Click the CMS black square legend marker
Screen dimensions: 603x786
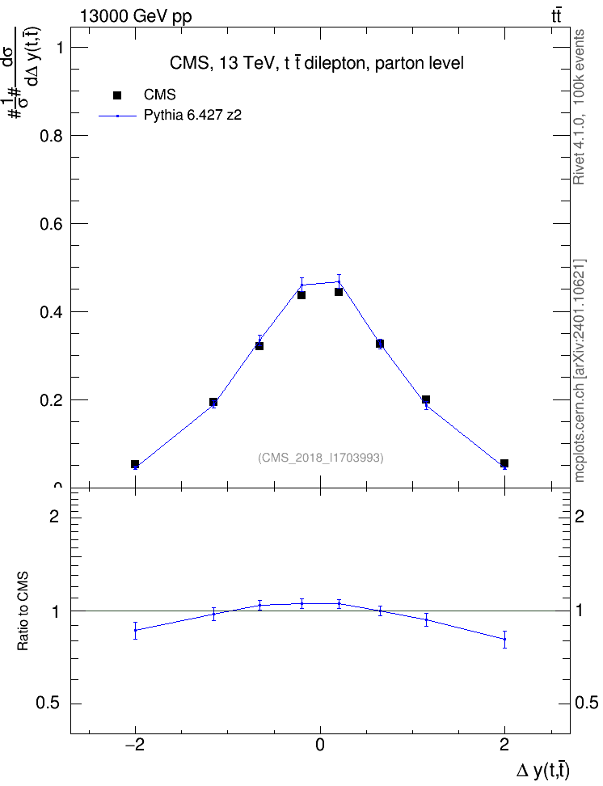[117, 95]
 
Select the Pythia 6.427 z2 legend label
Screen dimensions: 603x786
[192, 116]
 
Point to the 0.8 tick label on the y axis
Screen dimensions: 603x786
[52, 136]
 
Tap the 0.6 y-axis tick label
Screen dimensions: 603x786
[52, 224]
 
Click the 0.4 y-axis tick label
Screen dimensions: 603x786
[52, 312]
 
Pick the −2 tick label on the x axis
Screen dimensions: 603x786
[135, 745]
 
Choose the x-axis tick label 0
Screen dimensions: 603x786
[320, 745]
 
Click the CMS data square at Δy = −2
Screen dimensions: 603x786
[135, 464]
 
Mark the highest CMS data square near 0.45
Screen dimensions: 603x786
[339, 292]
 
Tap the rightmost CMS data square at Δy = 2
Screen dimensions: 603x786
[504, 463]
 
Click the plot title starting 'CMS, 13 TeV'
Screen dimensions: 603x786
[317, 63]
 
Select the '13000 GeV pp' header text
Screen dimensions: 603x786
[136, 16]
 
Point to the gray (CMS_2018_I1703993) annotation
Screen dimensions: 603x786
[321, 458]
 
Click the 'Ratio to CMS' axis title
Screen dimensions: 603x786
[23, 611]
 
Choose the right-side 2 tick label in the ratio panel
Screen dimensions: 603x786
[580, 516]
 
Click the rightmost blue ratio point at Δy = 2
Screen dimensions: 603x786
[504, 639]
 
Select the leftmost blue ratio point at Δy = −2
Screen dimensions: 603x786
[135, 630]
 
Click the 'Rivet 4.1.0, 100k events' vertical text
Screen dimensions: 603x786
[579, 107]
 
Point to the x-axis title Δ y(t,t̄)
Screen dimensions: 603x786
[543, 770]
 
